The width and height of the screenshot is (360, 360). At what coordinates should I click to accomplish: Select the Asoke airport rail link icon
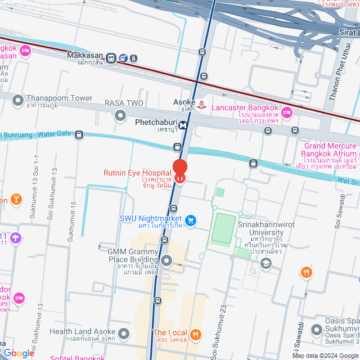[202, 105]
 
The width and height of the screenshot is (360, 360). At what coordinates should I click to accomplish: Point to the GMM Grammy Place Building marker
[166, 260]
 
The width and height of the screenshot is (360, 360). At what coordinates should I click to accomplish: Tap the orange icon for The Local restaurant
[195, 334]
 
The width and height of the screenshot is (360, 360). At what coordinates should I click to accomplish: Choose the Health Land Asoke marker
[124, 335]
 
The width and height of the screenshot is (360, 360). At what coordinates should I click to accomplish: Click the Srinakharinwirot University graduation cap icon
[266, 263]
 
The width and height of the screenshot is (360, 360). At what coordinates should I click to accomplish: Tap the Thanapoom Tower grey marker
[18, 101]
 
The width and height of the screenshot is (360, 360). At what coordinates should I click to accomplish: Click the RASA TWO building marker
[120, 116]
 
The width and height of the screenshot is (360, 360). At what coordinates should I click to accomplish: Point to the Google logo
[19, 353]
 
